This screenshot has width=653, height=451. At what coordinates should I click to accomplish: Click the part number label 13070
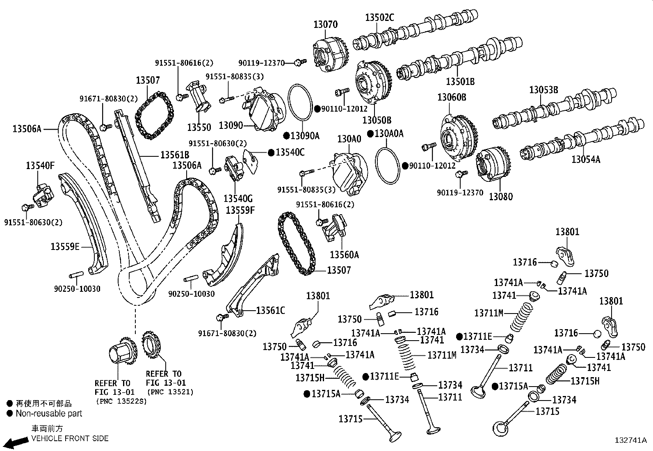pos(325,25)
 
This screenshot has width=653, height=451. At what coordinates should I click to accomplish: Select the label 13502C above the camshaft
pos(379,18)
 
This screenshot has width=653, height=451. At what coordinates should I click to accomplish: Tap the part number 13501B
pos(460,81)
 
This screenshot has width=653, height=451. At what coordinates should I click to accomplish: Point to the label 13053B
pos(543,90)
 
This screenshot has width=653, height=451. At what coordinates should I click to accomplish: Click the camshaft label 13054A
pos(586,159)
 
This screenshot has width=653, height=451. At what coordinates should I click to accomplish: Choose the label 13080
pos(500,197)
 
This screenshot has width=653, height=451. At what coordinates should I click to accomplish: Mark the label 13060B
pos(452,97)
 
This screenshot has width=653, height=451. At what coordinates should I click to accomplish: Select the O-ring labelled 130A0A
pos(387,166)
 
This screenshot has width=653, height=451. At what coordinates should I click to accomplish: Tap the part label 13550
pos(199,127)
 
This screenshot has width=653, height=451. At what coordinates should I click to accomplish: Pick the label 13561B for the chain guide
pos(175,155)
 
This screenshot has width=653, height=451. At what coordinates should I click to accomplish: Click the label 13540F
pos(40,166)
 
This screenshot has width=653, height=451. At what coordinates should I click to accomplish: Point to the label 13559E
pos(65,247)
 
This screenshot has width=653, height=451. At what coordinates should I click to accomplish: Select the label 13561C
pos(270,311)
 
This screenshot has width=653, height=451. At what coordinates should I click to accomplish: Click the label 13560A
pos(344,255)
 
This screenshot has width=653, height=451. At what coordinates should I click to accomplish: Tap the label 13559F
pos(240,210)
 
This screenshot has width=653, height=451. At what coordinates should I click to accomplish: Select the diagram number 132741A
pos(631,440)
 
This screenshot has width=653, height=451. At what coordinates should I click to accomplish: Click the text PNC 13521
pos(170,392)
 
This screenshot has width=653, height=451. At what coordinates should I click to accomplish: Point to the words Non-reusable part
pos(49,413)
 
